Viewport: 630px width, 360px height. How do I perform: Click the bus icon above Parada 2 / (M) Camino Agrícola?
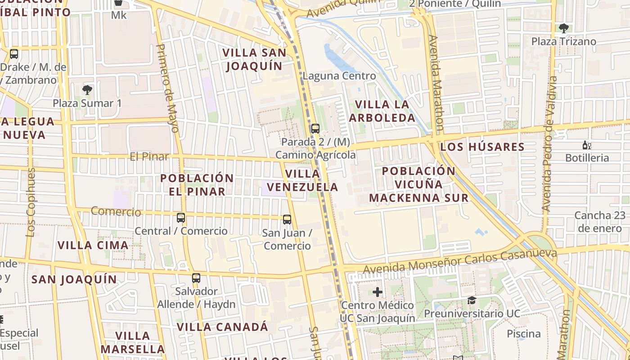pos(315,129)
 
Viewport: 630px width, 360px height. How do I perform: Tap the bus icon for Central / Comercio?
pos(181,218)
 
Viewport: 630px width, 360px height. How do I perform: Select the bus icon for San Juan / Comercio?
pos(287,220)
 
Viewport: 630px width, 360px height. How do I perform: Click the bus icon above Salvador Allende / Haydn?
pos(196,278)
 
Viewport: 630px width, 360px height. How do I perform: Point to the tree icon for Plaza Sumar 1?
pos(87,90)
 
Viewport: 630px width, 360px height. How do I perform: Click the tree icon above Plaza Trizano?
pos(563,28)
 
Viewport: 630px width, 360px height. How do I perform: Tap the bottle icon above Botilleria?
pos(587,145)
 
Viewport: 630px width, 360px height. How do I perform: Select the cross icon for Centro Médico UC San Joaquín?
pos(378,292)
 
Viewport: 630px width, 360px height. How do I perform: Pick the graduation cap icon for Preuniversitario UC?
pos(472,300)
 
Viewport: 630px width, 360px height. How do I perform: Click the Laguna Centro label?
pos(339,76)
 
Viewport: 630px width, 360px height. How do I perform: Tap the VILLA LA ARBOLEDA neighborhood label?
pos(382,111)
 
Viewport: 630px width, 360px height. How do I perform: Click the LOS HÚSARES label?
pos(482,147)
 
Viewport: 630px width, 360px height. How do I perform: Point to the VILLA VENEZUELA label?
pos(302,180)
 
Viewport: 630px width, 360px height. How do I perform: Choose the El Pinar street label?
pos(149,157)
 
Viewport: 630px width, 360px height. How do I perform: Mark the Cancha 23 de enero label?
pos(600,221)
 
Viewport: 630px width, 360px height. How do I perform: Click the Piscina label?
pos(524,334)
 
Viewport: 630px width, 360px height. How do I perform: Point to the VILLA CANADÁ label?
pos(222,327)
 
